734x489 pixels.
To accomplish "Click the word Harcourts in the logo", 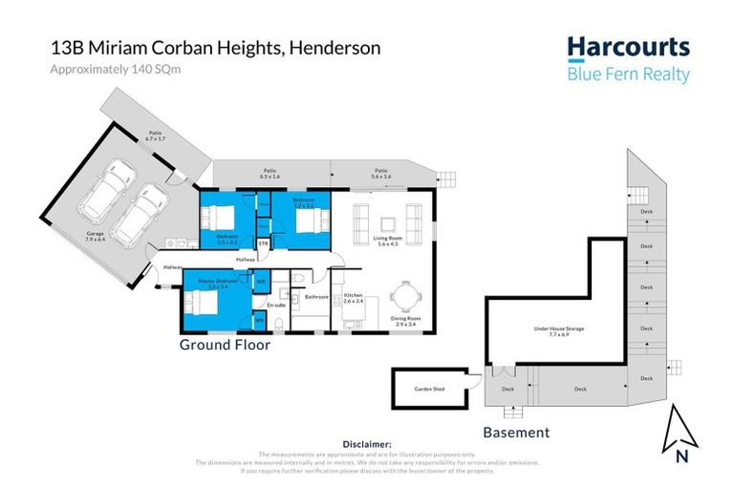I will click(628, 47).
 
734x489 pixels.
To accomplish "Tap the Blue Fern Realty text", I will click(628, 74).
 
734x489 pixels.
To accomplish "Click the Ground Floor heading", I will click(225, 346).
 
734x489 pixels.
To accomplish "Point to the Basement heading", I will click(516, 433).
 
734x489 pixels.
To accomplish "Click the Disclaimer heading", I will click(367, 444).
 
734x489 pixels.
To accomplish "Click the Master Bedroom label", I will click(218, 283).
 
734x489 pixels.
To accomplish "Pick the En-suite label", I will click(275, 305).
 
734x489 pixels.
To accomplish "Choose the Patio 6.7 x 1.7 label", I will click(156, 137).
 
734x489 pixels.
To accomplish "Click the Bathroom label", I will click(316, 297).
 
